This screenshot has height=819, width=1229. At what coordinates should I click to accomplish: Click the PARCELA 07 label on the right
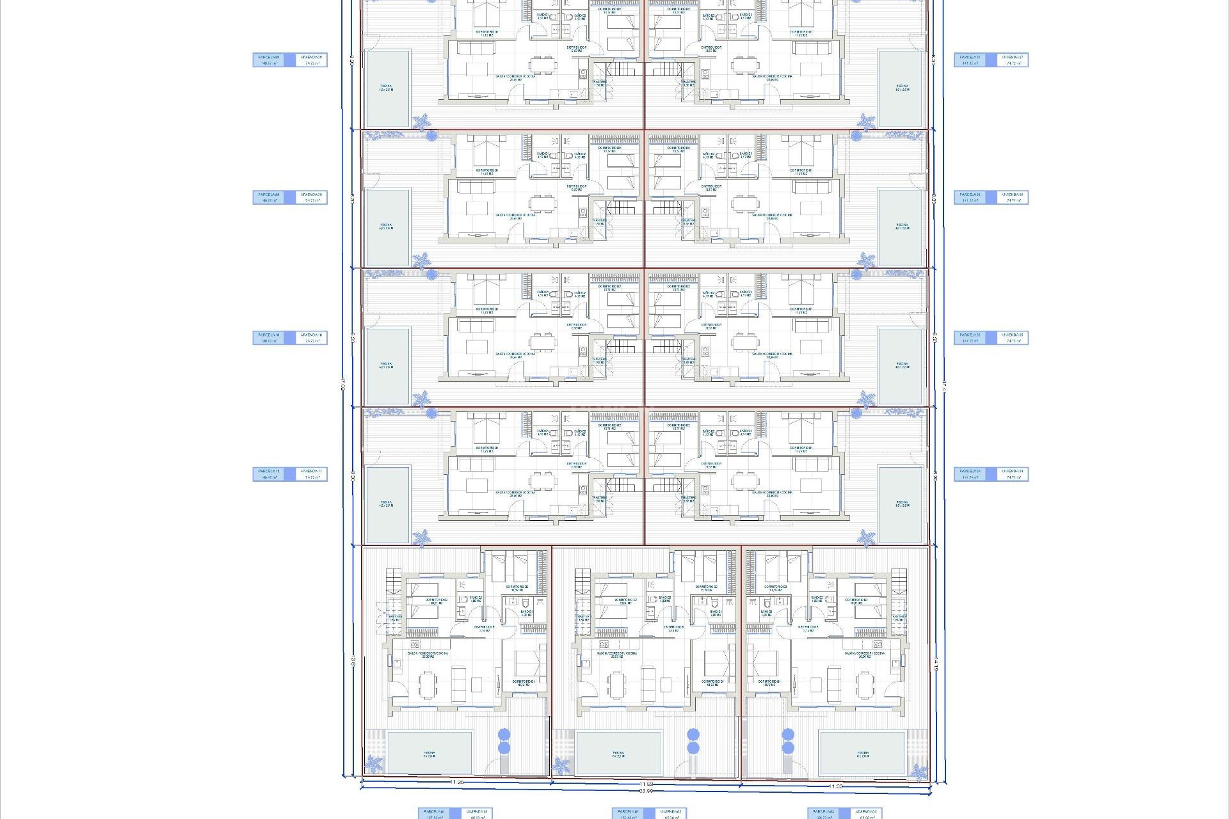pyautogui.click(x=970, y=60)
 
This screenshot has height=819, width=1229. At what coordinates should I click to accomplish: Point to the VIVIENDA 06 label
pyautogui.click(x=1013, y=198)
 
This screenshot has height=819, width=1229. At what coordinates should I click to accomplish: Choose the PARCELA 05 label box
pyautogui.click(x=970, y=338)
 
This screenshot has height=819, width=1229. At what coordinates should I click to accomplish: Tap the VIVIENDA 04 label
pyautogui.click(x=1013, y=474)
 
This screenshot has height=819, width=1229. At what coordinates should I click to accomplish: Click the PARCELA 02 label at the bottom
pyautogui.click(x=628, y=813)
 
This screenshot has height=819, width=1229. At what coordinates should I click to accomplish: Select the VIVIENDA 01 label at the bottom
pyautogui.click(x=476, y=813)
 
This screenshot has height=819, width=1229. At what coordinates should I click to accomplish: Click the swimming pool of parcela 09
pyautogui.click(x=387, y=227)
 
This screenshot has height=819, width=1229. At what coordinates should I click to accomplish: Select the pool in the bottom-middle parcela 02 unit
pyautogui.click(x=618, y=752)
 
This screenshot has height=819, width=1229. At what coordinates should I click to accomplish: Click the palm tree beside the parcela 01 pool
pyautogui.click(x=374, y=764)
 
